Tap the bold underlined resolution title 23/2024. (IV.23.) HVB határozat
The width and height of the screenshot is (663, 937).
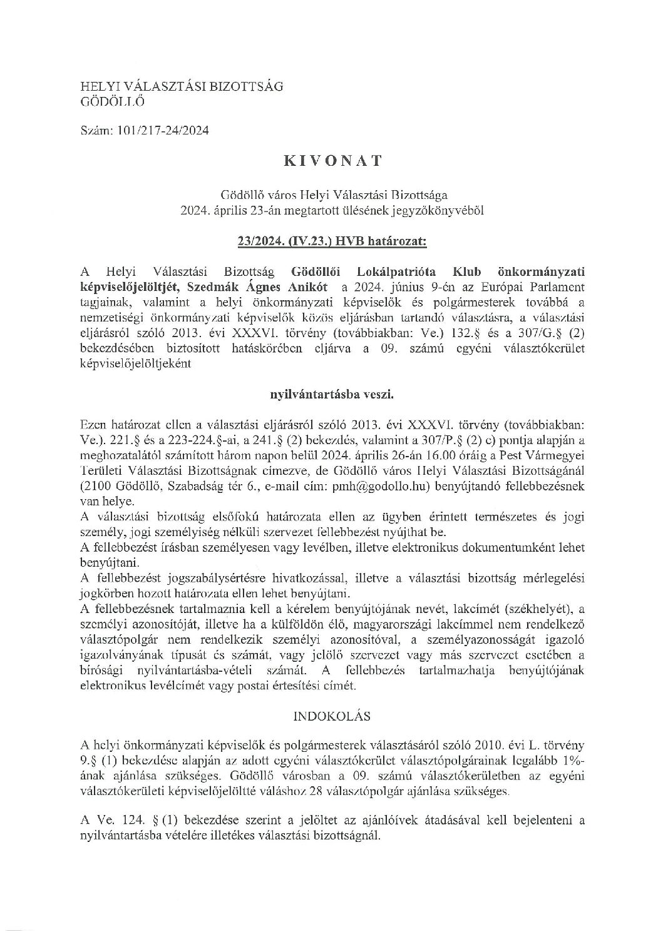pyautogui.click(x=332, y=239)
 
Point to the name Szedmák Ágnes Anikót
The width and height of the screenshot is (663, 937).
pyautogui.click(x=271, y=287)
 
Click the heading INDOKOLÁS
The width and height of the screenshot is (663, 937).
pyautogui.click(x=332, y=715)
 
